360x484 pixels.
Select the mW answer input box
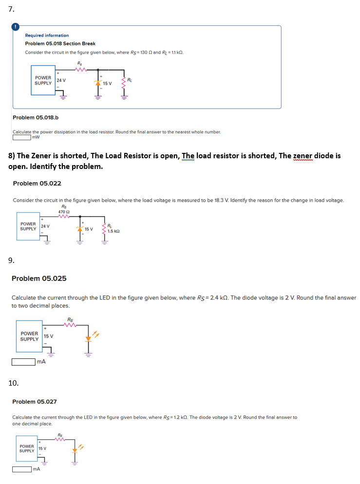(20, 137)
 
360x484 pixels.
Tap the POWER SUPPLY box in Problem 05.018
(43, 80)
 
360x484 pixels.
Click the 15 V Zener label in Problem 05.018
(107, 83)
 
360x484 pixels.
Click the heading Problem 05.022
(37, 183)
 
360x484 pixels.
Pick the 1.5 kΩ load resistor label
(113, 232)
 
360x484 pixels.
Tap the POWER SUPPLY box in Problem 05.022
(28, 226)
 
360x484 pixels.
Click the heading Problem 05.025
(39, 279)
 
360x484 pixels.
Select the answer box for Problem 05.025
(23, 362)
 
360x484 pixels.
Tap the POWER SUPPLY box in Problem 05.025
(29, 336)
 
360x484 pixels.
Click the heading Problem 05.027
(34, 402)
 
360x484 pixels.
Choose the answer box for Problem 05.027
(21, 469)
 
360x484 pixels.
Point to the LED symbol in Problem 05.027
(75, 448)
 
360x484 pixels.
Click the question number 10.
(14, 383)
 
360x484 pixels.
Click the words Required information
(47, 36)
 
